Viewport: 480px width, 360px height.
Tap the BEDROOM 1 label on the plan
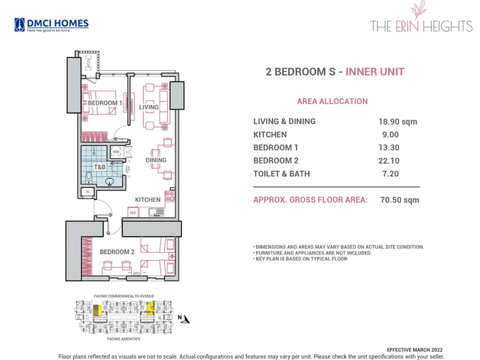(x=105, y=103)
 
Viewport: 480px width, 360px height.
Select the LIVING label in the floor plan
(x=149, y=107)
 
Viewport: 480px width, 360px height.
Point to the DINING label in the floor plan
(x=156, y=160)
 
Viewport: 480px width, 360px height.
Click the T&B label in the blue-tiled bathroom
(x=99, y=167)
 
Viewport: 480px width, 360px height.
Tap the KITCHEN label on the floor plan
(x=147, y=200)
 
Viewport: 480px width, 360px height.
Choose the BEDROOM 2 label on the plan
(x=117, y=252)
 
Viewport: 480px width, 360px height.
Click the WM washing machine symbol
(x=115, y=152)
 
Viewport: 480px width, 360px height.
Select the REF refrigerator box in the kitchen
(x=133, y=213)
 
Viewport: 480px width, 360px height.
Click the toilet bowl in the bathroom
(x=90, y=177)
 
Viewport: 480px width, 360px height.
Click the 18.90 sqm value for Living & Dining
(x=398, y=122)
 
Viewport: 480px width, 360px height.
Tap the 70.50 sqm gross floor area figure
(x=399, y=199)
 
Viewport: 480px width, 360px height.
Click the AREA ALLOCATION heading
(x=332, y=101)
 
